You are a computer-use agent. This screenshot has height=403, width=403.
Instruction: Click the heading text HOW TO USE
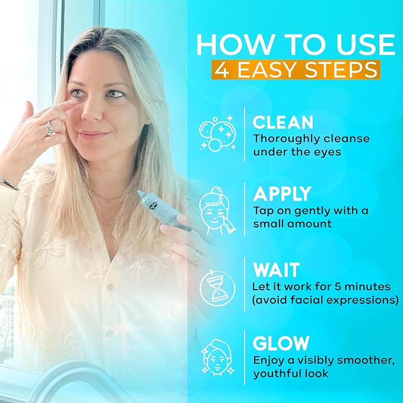296,45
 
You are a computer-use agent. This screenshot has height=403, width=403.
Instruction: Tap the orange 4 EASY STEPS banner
296,69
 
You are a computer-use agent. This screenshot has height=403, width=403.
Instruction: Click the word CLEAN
283,122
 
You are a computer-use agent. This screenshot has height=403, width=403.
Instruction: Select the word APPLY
283,194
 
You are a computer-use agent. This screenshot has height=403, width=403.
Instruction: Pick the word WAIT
277,270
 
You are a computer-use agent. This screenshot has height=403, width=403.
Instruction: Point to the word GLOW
281,343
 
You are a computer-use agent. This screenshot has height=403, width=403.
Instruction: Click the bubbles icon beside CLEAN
218,133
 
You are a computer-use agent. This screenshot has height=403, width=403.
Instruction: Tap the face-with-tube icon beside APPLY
217,211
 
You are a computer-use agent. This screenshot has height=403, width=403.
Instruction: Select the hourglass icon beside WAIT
217,288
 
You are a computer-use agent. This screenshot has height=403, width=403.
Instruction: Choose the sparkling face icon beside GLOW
217,358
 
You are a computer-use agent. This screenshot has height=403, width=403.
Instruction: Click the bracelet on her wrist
8,183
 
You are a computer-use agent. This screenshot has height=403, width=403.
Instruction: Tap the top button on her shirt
110,287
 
